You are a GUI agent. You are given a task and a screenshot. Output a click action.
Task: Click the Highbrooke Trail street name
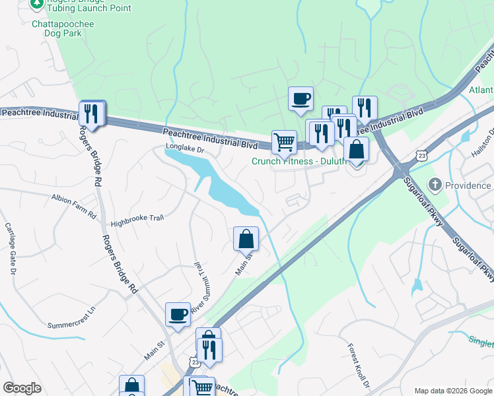(x=136, y=225)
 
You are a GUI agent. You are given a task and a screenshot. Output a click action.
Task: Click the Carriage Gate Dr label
(x=11, y=248)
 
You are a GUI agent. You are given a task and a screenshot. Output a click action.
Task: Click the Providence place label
(x=467, y=185)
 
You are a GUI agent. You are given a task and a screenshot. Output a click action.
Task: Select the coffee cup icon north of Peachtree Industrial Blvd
(x=300, y=100)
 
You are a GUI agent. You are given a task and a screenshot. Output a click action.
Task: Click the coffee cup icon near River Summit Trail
(x=178, y=315)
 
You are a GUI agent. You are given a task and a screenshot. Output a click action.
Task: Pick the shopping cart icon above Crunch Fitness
(x=284, y=141)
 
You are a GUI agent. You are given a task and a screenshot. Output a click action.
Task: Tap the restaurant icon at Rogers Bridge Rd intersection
(x=92, y=114)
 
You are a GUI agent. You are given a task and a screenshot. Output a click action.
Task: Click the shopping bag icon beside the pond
(x=246, y=238)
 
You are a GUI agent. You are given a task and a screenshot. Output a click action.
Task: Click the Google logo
(x=22, y=388)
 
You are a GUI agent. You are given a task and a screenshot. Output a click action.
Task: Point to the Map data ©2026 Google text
(x=452, y=391)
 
